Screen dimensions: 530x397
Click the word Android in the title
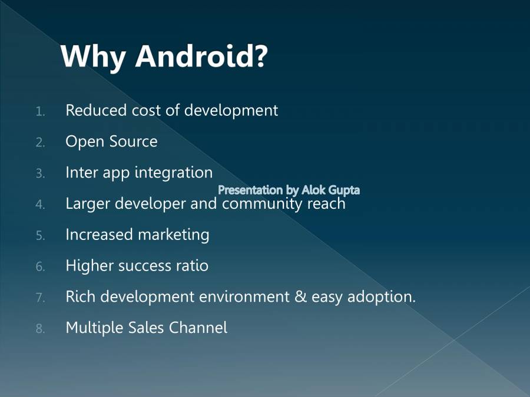[196, 56]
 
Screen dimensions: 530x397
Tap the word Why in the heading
[94, 58]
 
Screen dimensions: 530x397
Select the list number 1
[40, 111]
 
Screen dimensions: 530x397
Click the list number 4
[40, 205]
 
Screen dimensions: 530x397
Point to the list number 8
[40, 328]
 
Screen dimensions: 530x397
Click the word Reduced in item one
[97, 110]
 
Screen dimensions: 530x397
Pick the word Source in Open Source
[134, 141]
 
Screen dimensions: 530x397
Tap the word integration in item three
[174, 173]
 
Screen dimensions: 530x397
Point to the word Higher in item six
[90, 266]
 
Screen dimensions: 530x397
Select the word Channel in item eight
[198, 328]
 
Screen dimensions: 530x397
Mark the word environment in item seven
[244, 297]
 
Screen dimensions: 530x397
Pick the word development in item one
[231, 111]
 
